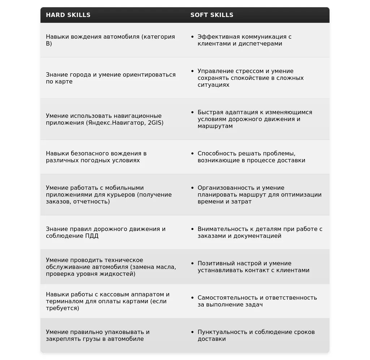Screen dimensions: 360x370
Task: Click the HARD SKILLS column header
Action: [x=68, y=15]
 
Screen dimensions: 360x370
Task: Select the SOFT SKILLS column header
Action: [x=212, y=15]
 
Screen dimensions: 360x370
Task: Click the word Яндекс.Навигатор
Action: [x=117, y=123]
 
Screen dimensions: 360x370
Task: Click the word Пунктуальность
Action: [x=220, y=332]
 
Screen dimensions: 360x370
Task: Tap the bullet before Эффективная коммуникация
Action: [x=193, y=37]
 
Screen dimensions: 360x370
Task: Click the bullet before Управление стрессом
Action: [x=193, y=71]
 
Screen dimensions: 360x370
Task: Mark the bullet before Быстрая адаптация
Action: [x=193, y=112]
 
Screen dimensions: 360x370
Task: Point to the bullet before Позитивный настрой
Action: [x=193, y=263]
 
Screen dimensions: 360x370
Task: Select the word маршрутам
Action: [x=215, y=126]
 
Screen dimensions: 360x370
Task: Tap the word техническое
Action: [x=124, y=260]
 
